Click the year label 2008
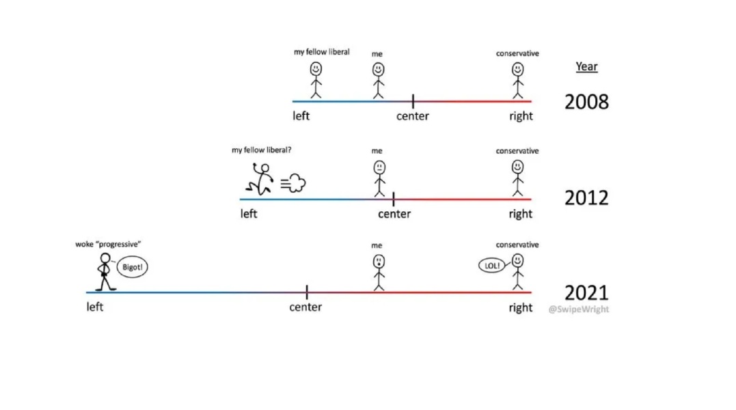(586, 102)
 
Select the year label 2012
(586, 197)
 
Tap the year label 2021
(586, 292)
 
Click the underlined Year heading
(586, 66)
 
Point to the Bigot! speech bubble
(132, 267)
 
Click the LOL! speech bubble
(493, 265)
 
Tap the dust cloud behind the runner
(295, 182)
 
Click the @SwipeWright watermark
(578, 309)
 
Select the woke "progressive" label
(108, 244)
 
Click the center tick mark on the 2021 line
(307, 292)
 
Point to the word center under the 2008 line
(413, 116)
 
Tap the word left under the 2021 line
(95, 307)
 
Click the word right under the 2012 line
(520, 214)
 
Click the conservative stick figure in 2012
(517, 178)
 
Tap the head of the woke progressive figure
(105, 258)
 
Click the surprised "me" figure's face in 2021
(378, 261)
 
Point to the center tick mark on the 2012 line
(394, 199)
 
